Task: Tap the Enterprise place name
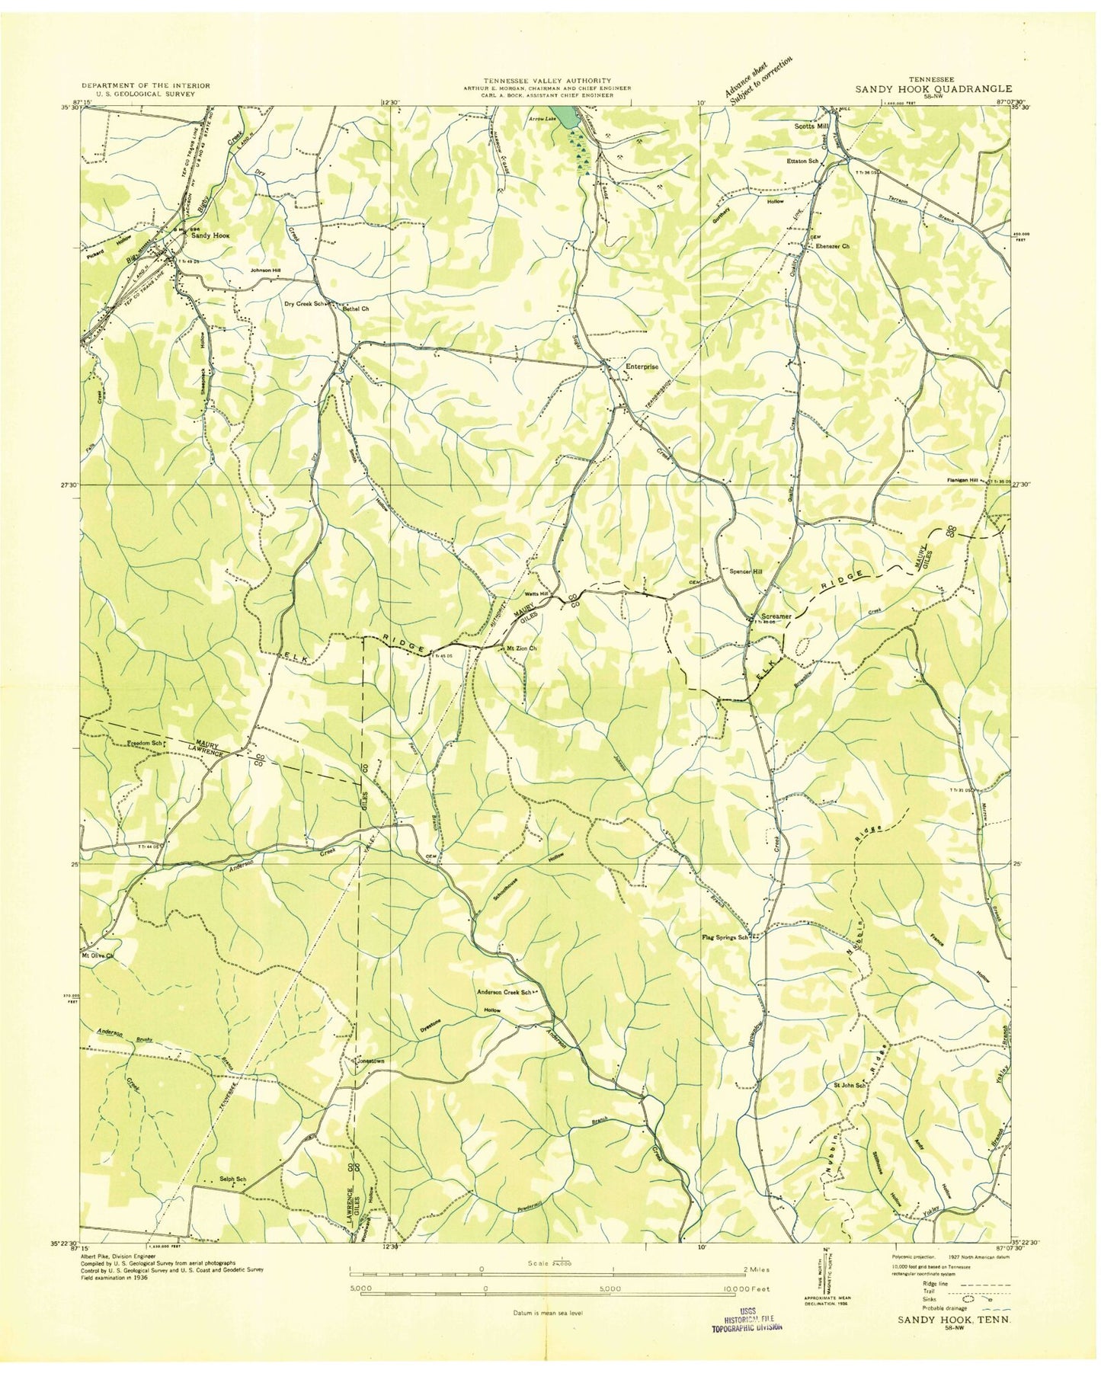642,366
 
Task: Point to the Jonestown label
369,1061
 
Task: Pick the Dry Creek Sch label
305,304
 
